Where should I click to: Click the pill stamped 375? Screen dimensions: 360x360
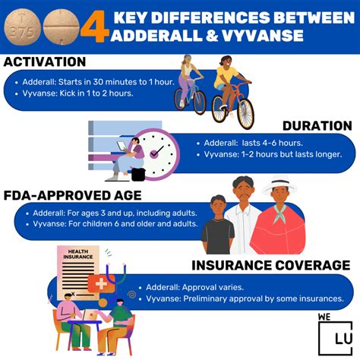coord(22,27)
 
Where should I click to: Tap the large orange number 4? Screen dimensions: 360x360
coord(95,27)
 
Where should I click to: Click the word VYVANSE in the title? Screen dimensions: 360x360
coord(262,35)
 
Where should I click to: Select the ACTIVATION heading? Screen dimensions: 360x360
coord(45,62)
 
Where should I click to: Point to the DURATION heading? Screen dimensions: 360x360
coord(317,125)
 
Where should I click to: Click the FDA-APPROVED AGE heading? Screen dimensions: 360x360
coord(72,195)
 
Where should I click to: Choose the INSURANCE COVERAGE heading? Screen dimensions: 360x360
coord(271,265)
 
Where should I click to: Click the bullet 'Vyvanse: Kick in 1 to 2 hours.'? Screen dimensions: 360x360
coord(76,93)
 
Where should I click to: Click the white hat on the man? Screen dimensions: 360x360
coord(279,183)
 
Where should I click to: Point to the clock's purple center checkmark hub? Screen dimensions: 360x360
coord(153,153)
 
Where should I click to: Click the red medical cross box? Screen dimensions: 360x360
coord(101,284)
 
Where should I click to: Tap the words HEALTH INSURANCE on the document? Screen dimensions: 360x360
coord(78,254)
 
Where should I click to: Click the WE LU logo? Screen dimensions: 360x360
coord(335,334)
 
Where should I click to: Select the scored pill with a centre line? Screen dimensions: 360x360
coord(62,27)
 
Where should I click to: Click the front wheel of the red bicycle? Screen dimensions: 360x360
coord(245,113)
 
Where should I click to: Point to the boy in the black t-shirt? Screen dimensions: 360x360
coord(218,225)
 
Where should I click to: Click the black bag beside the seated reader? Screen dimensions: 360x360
coord(138,174)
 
